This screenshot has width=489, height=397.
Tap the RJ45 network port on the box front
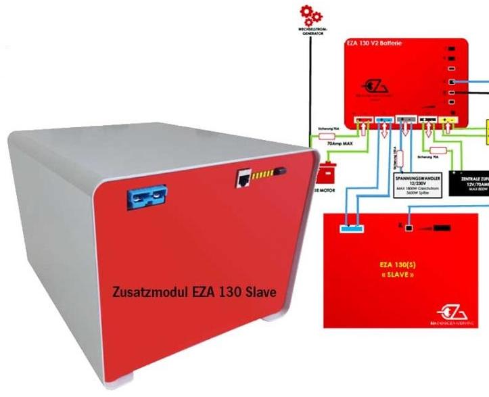(x=241, y=179)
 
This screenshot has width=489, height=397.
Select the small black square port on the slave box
(x=409, y=227)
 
